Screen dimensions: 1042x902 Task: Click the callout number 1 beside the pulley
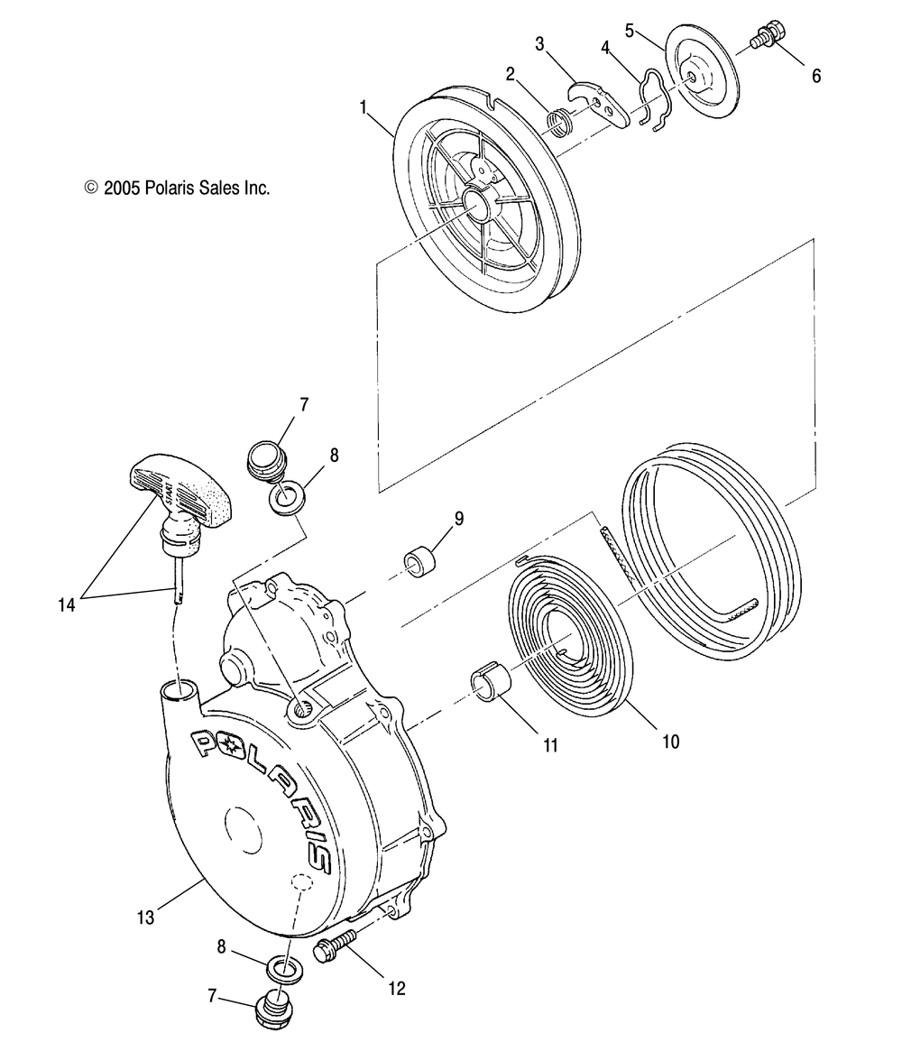click(364, 107)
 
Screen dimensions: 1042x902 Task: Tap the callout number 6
click(816, 76)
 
